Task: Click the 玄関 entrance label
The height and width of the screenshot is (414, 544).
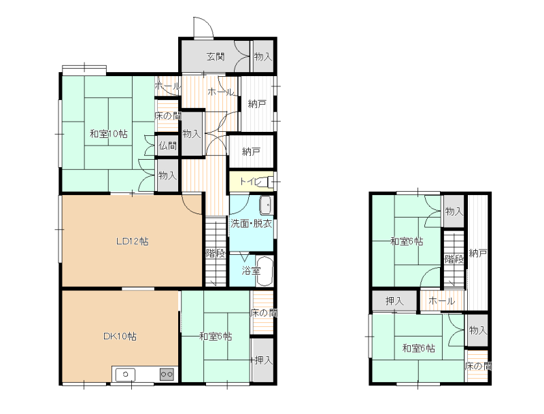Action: point(216,56)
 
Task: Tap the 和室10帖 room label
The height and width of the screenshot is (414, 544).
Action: point(109,133)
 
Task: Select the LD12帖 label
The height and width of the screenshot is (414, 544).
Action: point(132,241)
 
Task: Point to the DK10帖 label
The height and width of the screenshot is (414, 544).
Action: point(120,336)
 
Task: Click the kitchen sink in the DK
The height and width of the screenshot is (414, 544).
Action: point(125,375)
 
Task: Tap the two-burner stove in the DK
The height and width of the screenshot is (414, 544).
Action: point(167,374)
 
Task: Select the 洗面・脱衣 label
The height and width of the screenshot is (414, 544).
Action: point(251,224)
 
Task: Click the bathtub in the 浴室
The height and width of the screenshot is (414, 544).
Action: point(265,271)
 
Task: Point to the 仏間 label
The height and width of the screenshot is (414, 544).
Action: point(167,145)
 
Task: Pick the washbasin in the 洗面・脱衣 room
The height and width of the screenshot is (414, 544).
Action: point(267,206)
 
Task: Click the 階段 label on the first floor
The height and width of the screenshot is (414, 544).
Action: point(216,253)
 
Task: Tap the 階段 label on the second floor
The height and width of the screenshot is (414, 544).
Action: point(454,259)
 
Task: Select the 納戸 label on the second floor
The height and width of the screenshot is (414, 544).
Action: point(478,253)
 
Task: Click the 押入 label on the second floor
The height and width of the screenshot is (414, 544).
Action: point(394,301)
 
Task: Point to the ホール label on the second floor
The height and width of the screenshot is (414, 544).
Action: point(441,301)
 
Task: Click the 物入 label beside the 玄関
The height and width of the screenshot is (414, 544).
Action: point(262,56)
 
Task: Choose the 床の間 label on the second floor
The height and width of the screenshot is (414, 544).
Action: point(478,366)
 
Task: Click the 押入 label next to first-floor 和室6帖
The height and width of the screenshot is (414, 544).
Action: point(263,360)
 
